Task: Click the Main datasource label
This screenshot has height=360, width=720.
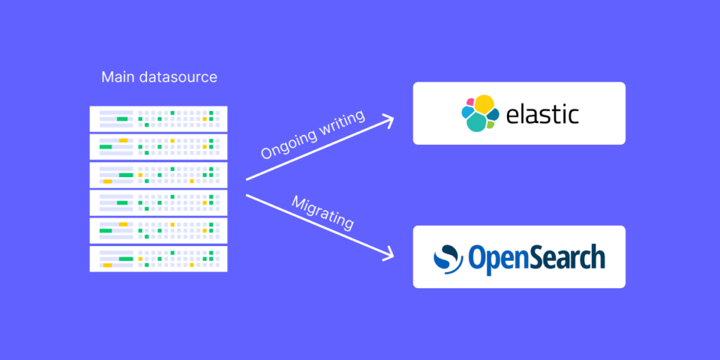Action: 160,77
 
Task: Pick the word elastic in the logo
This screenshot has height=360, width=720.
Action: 542,114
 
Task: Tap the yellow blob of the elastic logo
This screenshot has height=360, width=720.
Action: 484,105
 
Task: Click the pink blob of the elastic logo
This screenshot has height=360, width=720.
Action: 470,101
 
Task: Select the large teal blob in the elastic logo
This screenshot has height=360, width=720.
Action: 477,121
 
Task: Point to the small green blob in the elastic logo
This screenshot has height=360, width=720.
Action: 491,124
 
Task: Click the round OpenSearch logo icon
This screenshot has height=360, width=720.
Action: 446,259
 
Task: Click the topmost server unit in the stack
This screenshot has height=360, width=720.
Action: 158,118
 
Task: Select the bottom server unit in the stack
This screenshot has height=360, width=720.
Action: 158,259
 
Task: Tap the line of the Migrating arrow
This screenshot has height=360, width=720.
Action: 320,226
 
